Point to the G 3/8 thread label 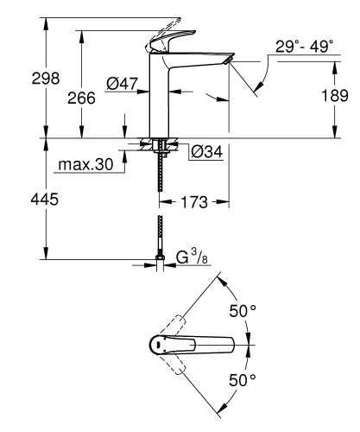coord(194,258)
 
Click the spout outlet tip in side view coord(226,60)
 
